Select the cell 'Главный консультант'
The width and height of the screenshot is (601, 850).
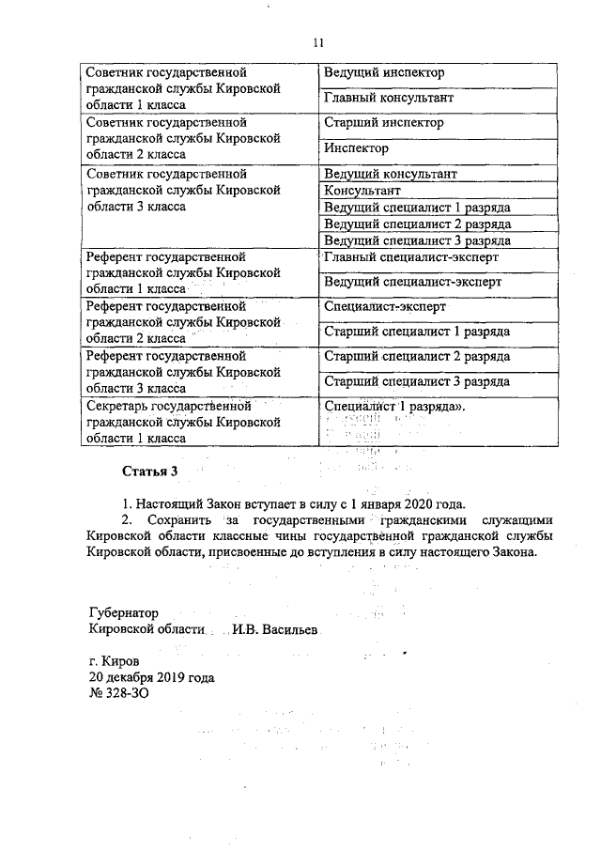pos(388,98)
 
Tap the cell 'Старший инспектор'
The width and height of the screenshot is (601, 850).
pos(383,123)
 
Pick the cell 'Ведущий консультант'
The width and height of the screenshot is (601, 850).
pos(390,175)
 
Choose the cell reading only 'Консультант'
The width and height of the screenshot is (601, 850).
pos(362,191)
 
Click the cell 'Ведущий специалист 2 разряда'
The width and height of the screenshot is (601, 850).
pos(416,224)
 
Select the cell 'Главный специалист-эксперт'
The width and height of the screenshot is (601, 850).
pos(410,256)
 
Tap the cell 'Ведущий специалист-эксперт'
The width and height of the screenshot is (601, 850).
pos(411,282)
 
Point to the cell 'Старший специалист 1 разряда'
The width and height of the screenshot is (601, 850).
pos(416,332)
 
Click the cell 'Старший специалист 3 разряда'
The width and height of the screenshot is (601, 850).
pos(416,381)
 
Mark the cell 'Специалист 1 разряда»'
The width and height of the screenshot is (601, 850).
pos(394,407)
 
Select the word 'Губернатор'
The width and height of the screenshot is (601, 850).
pos(124,610)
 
